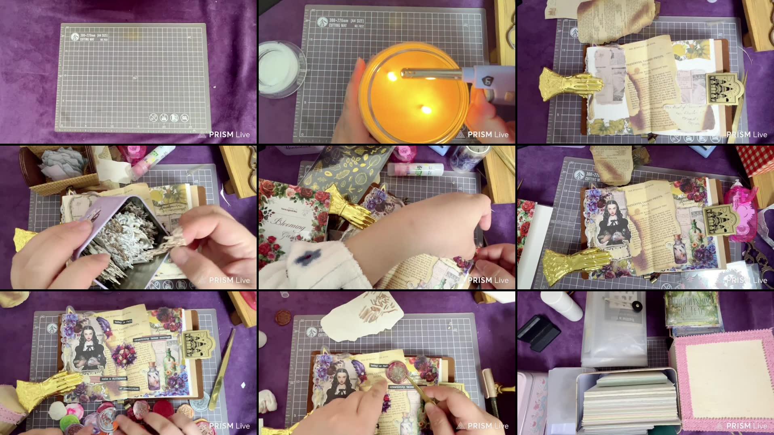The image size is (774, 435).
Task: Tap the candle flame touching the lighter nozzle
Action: (x=392, y=76)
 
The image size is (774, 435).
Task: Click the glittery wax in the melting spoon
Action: (x=396, y=371)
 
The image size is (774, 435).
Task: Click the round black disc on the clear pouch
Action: (x=637, y=306)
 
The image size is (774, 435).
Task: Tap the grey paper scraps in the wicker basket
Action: (x=65, y=164)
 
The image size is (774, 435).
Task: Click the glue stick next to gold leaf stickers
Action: (x=415, y=169)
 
